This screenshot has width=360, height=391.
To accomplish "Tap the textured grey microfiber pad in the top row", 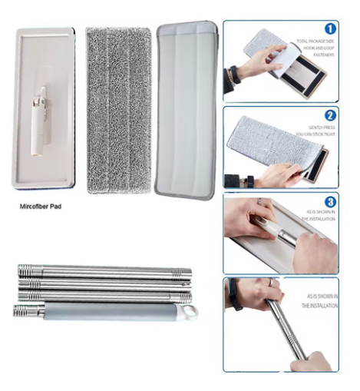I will tap(118, 110).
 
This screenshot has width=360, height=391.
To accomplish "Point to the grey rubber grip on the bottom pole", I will tap(107, 310).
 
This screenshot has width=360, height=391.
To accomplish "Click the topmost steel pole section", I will tap(104, 271).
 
